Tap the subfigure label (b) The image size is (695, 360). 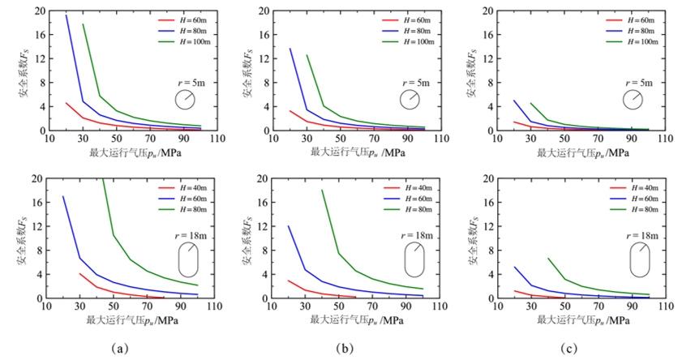[343, 349]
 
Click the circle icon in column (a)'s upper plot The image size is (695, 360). [185, 99]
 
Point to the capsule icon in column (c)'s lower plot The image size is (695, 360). [640, 259]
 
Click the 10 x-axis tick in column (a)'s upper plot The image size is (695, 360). [48, 139]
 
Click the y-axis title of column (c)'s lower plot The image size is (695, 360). [471, 239]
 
